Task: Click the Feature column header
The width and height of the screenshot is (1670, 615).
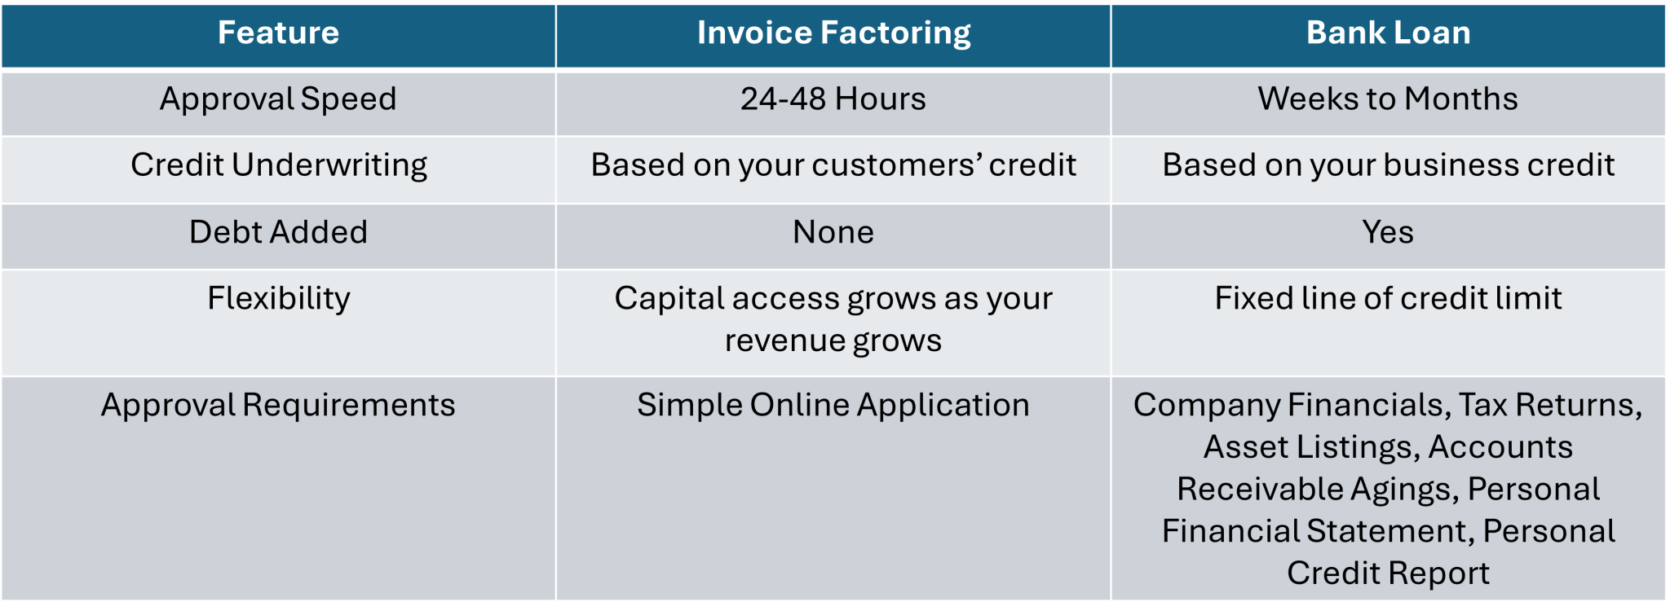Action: tap(278, 33)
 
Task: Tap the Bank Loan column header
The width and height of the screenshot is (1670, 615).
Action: tap(1388, 33)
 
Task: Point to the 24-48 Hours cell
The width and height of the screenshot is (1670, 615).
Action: tap(833, 99)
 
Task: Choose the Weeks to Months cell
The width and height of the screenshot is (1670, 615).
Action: tap(1388, 99)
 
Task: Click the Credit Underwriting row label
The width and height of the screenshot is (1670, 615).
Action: tap(278, 166)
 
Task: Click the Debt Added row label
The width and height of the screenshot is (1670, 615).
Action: tap(278, 232)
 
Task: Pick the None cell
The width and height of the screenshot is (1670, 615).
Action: tap(833, 233)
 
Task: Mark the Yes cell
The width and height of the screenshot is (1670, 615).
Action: tap(1388, 233)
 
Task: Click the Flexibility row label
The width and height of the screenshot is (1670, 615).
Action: tap(278, 299)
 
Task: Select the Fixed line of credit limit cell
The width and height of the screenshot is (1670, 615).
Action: tap(1388, 298)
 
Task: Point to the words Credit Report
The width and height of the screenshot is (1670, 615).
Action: tap(1388, 574)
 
